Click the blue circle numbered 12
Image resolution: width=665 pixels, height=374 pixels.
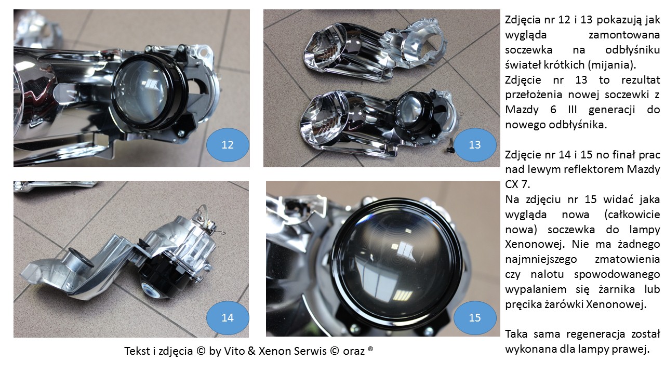pos(228,145)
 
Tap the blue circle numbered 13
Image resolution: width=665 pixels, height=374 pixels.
pos(475,145)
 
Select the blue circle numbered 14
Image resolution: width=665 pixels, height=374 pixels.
pos(228,318)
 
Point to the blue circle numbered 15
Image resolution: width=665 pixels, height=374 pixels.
pos(475,318)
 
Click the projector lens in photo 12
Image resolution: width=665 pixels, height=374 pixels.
pos(142,90)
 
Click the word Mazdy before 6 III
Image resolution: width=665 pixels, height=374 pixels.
pos(522,110)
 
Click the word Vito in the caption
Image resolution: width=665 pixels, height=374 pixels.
pos(234,351)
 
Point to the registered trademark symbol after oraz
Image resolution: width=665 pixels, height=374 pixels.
pos(370,349)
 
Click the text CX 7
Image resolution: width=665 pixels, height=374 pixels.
pos(517,184)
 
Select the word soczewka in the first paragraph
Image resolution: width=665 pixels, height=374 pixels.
pos(528,50)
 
